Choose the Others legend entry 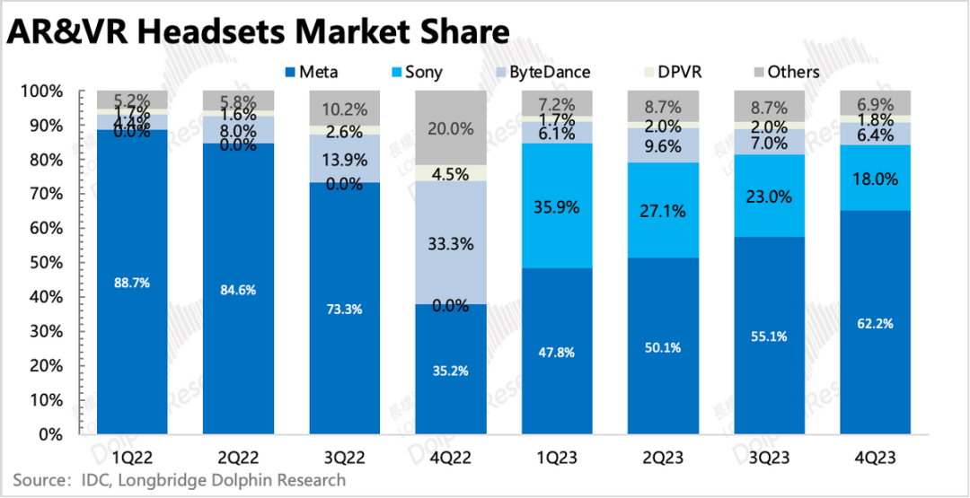pyautogui.click(x=790, y=72)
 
